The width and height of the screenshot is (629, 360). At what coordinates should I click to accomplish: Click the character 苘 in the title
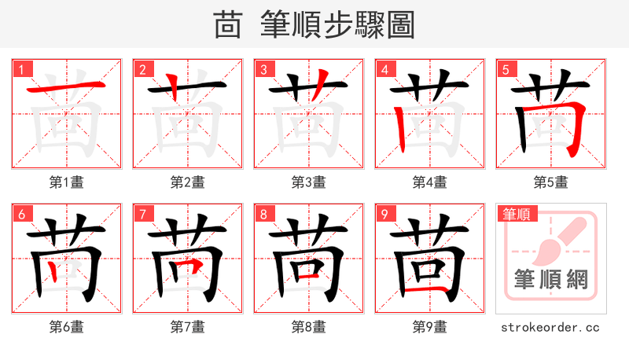228,25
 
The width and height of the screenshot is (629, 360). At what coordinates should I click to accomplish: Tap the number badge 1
21,69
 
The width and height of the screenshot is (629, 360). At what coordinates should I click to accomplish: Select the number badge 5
506,69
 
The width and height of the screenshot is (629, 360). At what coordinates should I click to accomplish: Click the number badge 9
384,214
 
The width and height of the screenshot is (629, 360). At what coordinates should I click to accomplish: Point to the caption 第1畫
66,182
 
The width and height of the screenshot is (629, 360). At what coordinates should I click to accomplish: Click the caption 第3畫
308,182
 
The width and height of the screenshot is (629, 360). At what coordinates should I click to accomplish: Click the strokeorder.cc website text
550,326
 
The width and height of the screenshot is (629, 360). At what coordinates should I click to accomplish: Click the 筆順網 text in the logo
550,281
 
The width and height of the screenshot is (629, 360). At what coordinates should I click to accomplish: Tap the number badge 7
142,214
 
